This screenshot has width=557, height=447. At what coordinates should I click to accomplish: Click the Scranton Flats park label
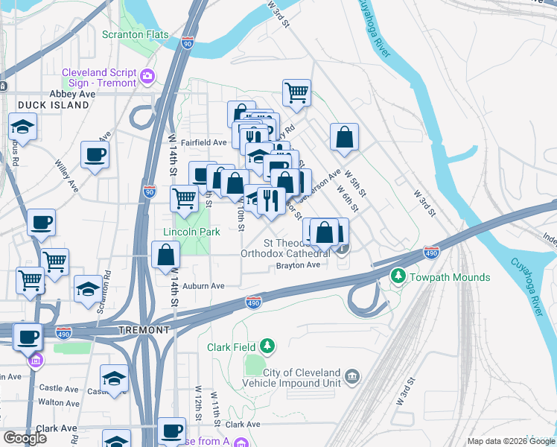(x=136, y=35)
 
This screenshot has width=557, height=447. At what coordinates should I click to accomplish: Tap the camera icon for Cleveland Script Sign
(x=147, y=76)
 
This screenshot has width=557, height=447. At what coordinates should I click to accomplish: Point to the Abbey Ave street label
(x=72, y=94)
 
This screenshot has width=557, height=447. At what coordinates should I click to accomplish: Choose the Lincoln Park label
(x=191, y=232)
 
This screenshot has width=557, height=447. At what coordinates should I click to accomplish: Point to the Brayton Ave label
(x=298, y=264)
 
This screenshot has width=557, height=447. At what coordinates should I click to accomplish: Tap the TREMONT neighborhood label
(x=144, y=329)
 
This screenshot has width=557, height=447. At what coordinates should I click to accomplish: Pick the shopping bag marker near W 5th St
(x=344, y=137)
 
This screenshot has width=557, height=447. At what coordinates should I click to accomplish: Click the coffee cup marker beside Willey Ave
(x=95, y=155)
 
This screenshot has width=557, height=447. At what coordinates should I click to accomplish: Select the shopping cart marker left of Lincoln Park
(x=184, y=198)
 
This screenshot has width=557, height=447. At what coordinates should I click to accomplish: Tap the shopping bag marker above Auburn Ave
(x=165, y=256)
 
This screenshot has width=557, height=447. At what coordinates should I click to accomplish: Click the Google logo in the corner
(x=25, y=437)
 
